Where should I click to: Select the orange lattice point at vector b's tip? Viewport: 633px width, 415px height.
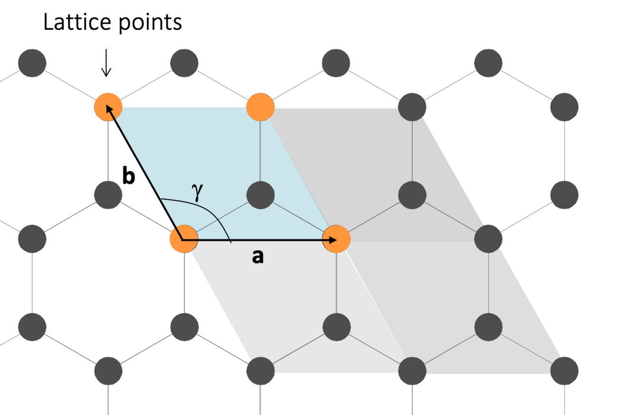[x=108, y=107]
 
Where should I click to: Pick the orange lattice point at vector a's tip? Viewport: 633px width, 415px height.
[x=336, y=240]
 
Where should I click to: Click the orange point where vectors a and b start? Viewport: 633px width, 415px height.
[x=184, y=240]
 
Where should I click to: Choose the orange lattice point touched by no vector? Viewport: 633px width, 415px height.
[x=261, y=107]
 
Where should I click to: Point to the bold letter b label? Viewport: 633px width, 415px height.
[x=128, y=176]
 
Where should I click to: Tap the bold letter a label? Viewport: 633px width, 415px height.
[x=257, y=257]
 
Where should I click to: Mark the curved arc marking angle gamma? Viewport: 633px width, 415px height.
[x=209, y=209]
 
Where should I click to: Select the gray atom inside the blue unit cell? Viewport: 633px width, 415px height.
[x=261, y=195]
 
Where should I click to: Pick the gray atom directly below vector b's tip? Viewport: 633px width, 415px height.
[x=108, y=195]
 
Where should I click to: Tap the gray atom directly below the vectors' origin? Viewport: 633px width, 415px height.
[x=184, y=327]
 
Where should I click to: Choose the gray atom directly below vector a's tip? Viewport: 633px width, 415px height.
[x=336, y=327]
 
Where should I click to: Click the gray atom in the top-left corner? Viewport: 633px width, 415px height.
[x=32, y=63]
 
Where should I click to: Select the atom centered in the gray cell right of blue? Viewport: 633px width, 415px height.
[x=412, y=195]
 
